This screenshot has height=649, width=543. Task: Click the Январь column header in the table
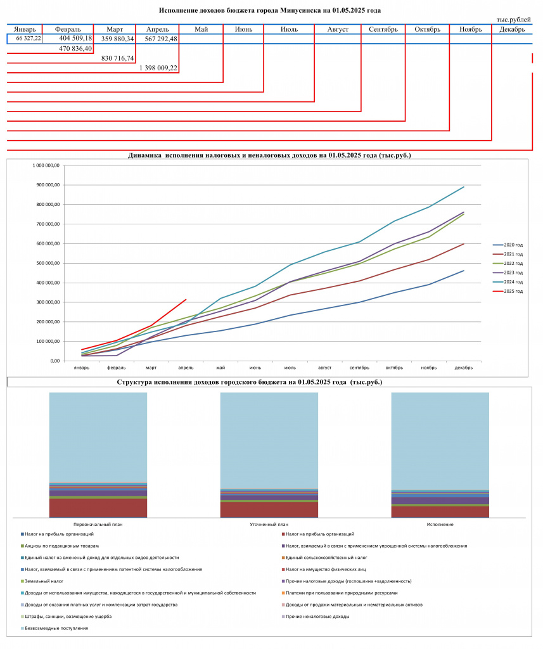click(25, 29)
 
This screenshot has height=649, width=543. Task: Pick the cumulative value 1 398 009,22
click(158, 68)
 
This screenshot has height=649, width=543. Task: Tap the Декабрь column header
click(512, 29)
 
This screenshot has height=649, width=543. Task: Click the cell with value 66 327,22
click(29, 39)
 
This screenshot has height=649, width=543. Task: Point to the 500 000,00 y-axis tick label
click(46, 263)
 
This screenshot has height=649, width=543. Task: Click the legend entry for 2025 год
click(508, 292)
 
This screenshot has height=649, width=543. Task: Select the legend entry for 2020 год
click(508, 245)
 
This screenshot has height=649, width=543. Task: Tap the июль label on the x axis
click(290, 368)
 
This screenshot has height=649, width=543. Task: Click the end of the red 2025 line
click(186, 299)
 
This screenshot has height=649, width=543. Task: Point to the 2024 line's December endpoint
click(464, 187)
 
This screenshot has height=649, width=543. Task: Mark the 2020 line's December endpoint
click(464, 271)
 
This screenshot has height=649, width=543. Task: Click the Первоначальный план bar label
click(98, 524)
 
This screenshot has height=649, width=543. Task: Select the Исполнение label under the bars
click(440, 524)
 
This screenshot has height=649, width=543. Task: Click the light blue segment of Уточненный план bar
click(269, 440)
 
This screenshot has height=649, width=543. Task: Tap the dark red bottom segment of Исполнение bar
click(440, 511)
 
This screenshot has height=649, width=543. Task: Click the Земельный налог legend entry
click(42, 581)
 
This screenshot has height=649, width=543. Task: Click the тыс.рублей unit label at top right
click(514, 20)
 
